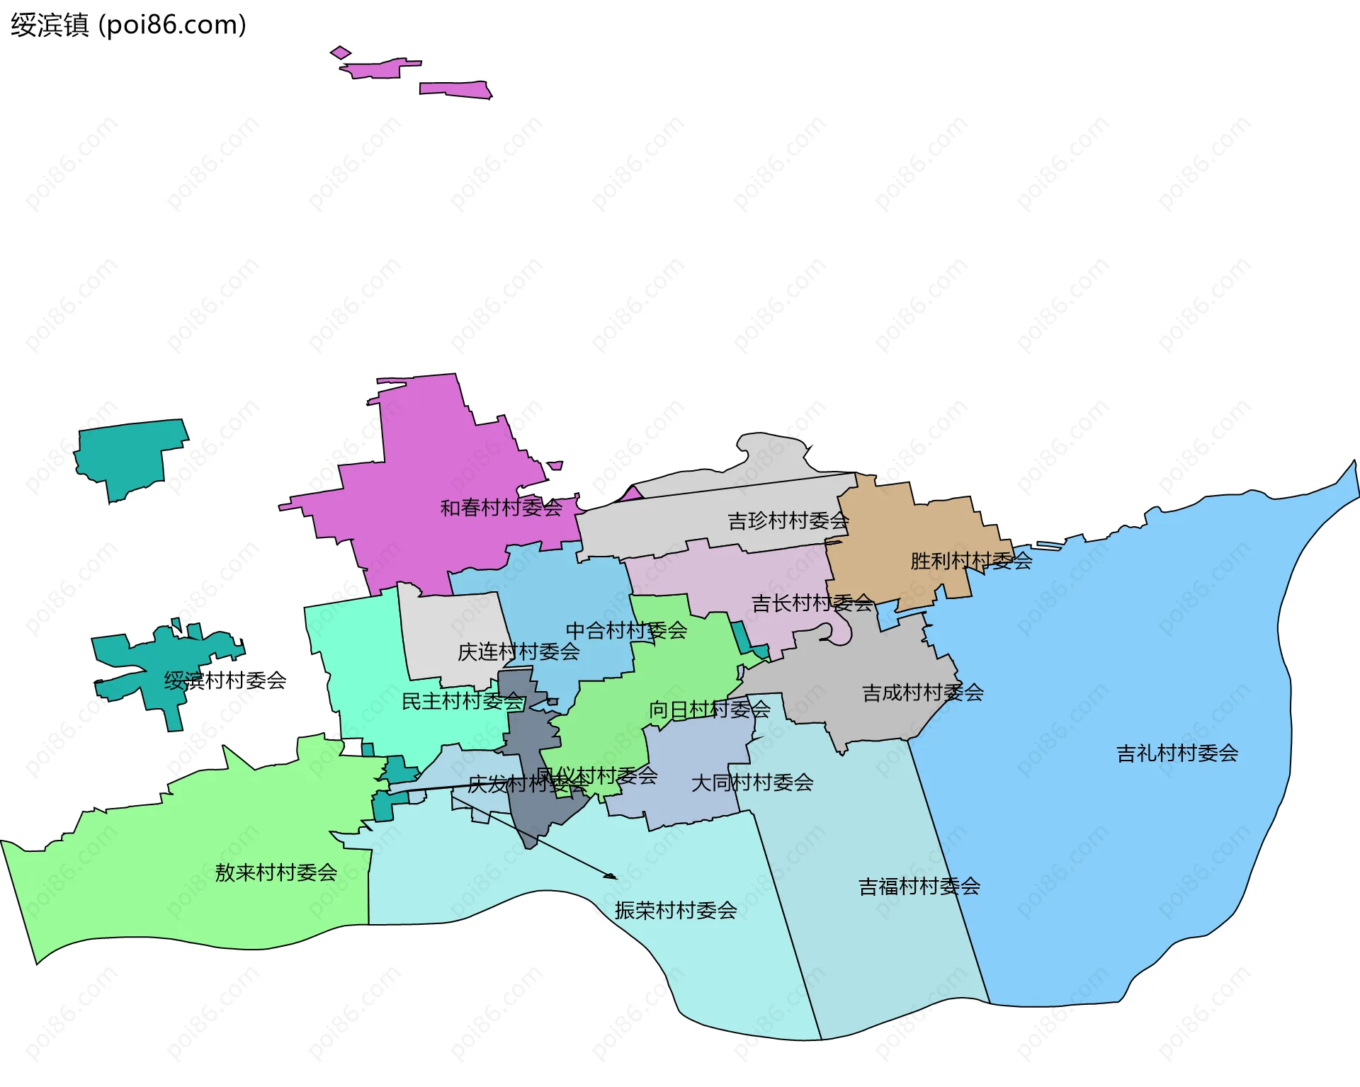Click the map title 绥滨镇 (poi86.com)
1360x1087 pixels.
pos(128,25)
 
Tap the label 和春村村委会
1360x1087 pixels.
pos(501,508)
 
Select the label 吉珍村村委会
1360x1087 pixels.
pos(788,521)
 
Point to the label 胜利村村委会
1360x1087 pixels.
pos(970,561)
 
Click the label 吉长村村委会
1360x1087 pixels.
pos(811,603)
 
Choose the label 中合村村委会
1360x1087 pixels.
pos(625,630)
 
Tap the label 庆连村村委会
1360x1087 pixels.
pos(518,652)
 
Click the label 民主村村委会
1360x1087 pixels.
pos(462,702)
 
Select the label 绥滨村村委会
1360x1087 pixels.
pos(225,681)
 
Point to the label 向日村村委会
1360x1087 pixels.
pos(709,710)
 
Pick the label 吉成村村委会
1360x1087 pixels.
pos(922,693)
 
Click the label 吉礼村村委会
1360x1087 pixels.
pos(1177,753)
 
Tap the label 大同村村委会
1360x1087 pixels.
pos(752,783)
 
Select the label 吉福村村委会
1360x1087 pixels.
pos(919,887)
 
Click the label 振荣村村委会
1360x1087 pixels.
pos(675,911)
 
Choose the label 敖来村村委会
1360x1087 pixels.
pos(276,872)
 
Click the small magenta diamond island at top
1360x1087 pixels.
pos(341,52)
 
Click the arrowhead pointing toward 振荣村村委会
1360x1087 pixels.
pos(611,877)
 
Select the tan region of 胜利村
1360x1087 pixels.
pos(900,538)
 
